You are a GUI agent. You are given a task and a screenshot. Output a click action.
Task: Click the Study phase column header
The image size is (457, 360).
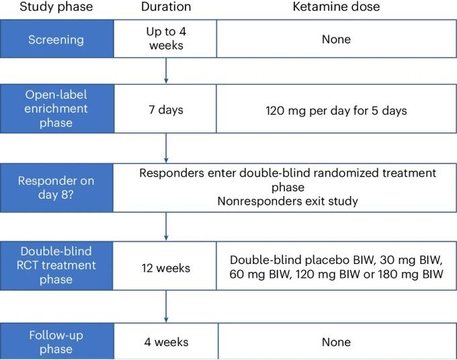point(56,7)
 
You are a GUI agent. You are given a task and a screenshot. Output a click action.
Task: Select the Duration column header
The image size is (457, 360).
point(166,7)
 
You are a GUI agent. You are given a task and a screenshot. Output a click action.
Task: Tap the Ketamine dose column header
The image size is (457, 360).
point(336,7)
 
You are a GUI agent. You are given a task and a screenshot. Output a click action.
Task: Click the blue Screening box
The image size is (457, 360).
point(57,39)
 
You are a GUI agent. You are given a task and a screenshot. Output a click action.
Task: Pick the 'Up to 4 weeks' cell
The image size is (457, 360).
point(165,39)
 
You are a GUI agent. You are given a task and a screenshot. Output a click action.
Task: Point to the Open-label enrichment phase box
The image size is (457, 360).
point(57,109)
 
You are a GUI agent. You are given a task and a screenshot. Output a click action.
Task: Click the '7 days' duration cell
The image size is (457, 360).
point(165,109)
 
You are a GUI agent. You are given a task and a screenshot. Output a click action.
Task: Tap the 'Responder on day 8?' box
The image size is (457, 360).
point(56,188)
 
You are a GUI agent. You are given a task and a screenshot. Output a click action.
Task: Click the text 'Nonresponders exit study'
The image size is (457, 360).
point(288,201)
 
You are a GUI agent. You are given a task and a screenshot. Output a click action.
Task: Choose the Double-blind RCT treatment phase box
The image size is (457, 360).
point(56,265)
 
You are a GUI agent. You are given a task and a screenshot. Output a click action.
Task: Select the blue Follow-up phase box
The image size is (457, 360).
point(57,341)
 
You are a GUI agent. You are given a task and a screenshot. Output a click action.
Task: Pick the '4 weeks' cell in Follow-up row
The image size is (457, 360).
point(166,341)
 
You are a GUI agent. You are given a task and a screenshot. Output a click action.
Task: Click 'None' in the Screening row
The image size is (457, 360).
point(336,39)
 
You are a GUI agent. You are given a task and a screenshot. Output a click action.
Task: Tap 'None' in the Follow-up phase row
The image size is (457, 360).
point(336,342)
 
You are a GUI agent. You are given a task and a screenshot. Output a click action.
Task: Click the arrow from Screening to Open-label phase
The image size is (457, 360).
point(166,71)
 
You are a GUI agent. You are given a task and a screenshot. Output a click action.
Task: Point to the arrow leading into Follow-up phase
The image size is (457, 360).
point(166,306)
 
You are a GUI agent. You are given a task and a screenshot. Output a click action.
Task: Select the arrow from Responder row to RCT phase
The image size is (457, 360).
point(166,226)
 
